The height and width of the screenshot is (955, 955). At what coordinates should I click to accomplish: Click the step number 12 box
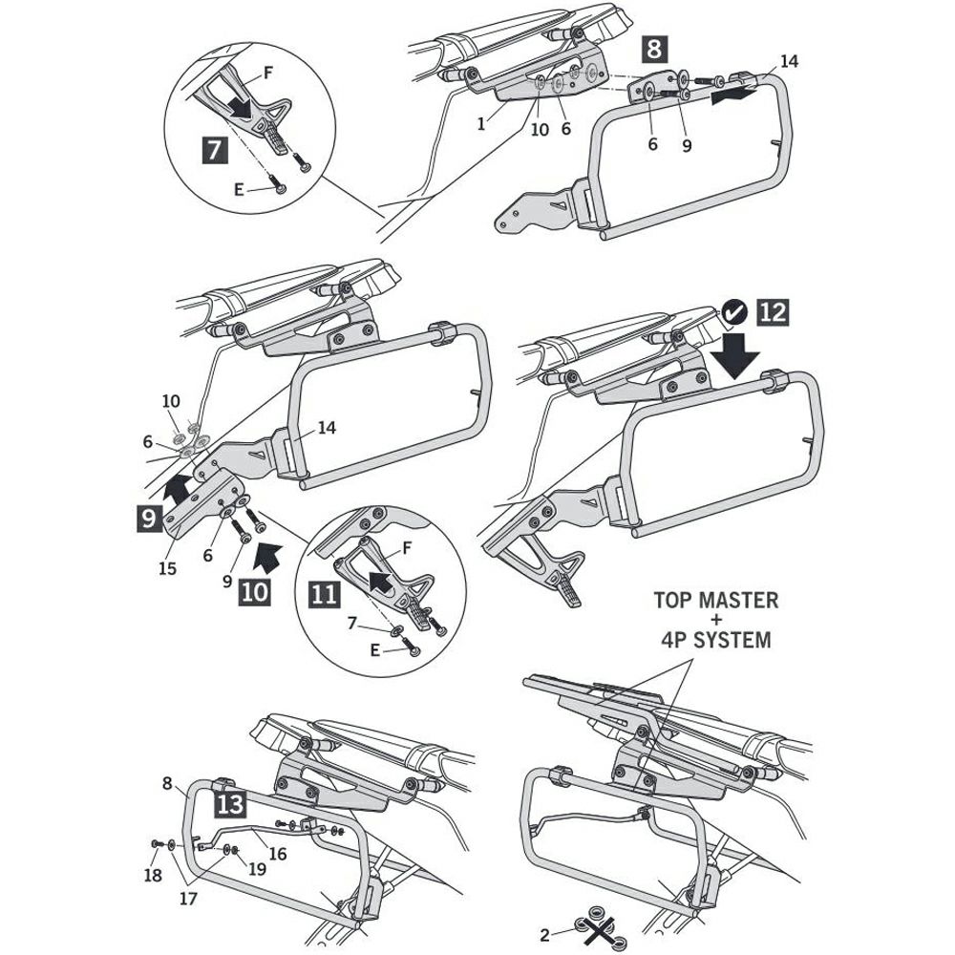pos(775,311)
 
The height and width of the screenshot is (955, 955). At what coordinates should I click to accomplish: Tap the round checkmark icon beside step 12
pos(733,311)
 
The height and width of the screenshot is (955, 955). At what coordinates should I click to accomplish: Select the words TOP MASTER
pos(715,602)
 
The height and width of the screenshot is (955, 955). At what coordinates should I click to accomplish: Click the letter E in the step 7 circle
pos(240,189)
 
